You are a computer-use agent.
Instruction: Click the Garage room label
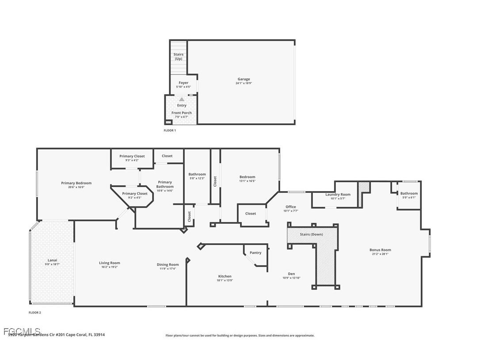(244, 79)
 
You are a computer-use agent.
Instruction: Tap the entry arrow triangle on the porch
(182, 100)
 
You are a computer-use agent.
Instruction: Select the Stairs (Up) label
(178, 57)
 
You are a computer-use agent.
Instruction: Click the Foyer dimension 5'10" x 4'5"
(183, 87)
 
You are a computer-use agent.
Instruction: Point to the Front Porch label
(182, 113)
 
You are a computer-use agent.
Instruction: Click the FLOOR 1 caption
(170, 130)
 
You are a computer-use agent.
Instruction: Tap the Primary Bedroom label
(76, 183)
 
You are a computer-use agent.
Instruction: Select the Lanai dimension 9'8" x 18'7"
(52, 264)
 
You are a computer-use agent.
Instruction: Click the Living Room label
(109, 263)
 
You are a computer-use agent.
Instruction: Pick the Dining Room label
(168, 264)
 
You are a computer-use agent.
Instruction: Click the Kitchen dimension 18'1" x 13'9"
(225, 280)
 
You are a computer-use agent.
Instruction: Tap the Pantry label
(255, 253)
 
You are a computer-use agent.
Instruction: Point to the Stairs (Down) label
(311, 234)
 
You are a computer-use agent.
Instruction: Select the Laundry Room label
(338, 195)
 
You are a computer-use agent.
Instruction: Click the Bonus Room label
(380, 250)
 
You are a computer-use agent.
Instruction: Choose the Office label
(290, 207)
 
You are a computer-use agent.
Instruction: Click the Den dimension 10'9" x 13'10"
(291, 278)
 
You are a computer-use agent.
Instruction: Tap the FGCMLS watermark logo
(22, 331)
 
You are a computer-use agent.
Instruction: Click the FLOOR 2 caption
(34, 313)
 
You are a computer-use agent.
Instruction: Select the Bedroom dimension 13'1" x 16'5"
(247, 181)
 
